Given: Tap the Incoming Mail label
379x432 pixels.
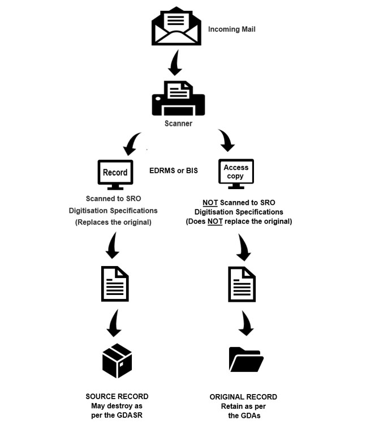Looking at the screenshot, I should tap(232, 29).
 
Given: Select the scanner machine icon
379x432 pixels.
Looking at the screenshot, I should tap(178, 99).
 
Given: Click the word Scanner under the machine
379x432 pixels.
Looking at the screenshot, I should tap(179, 123).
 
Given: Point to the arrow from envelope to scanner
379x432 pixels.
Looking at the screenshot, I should tap(175, 63).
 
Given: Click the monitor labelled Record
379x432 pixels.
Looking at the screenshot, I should tap(115, 175).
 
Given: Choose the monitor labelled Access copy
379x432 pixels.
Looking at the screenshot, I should tap(236, 175).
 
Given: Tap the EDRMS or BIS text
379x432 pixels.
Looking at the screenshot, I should tap(174, 170).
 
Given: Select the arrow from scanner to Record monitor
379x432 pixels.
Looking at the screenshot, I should tap(132, 144).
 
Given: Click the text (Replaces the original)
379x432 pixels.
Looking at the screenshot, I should tap(113, 222).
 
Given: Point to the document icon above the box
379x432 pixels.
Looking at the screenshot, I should tap(115, 283).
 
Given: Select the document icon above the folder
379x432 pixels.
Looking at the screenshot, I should tap(242, 283).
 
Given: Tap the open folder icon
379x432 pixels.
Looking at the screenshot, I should tap(246, 360).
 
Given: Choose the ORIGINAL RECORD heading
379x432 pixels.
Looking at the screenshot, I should tap(243, 397).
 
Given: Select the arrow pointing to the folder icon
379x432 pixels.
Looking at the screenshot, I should tap(246, 323).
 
